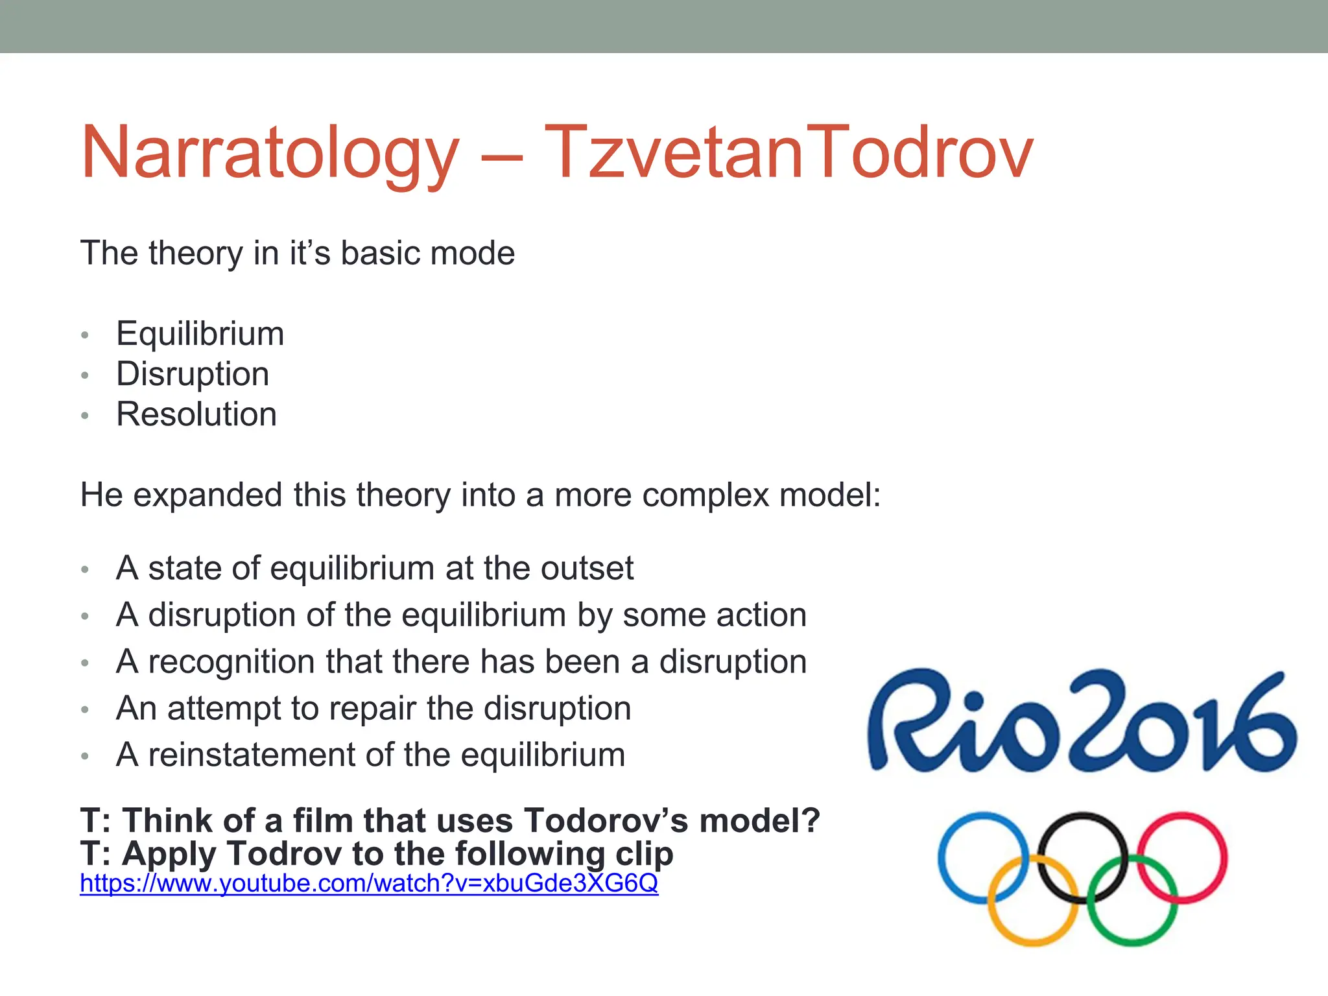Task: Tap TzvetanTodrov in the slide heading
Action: (x=788, y=153)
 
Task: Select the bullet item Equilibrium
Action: (x=200, y=334)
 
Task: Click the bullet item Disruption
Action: (x=193, y=374)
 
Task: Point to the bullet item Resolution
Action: (x=196, y=414)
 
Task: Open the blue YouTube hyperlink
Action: (x=369, y=883)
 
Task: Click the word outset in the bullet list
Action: (x=587, y=568)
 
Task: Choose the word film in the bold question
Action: (x=323, y=821)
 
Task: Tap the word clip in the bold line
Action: (x=644, y=854)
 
